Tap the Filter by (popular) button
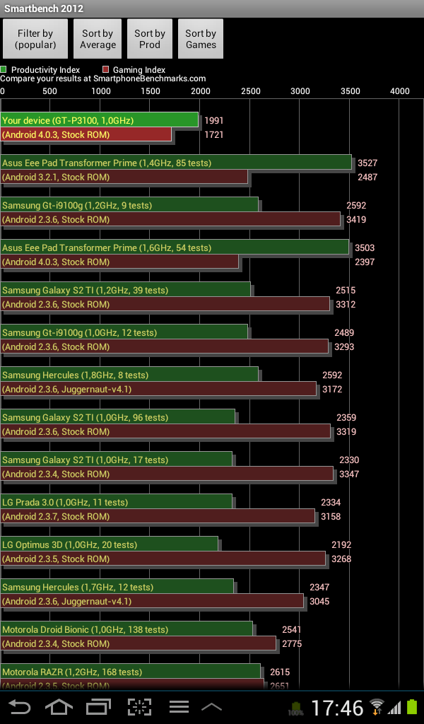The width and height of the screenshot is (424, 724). pyautogui.click(x=35, y=39)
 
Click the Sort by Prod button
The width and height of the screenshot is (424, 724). pyautogui.click(x=150, y=39)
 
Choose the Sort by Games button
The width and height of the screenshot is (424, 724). pyautogui.click(x=201, y=39)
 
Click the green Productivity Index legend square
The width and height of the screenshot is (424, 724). pyautogui.click(x=4, y=70)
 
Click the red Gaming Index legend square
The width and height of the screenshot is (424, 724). pyautogui.click(x=106, y=70)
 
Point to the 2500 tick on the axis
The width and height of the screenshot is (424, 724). pyautogui.click(x=250, y=90)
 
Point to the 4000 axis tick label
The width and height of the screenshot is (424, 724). pyautogui.click(x=399, y=90)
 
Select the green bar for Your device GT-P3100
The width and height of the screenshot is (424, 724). pyautogui.click(x=99, y=120)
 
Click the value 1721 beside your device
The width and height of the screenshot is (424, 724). pyautogui.click(x=214, y=134)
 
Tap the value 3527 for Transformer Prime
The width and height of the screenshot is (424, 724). pyautogui.click(x=367, y=163)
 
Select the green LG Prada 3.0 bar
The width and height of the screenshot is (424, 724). pyautogui.click(x=117, y=502)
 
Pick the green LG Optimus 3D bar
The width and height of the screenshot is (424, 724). pyautogui.click(x=110, y=544)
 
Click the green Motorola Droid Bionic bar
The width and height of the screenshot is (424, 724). pyautogui.click(x=126, y=629)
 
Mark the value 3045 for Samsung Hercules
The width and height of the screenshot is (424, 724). pyautogui.click(x=319, y=601)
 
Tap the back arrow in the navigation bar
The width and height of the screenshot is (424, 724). pyautogui.click(x=20, y=706)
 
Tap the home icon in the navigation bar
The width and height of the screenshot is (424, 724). pyautogui.click(x=59, y=706)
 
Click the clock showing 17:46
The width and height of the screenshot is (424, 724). pyautogui.click(x=338, y=707)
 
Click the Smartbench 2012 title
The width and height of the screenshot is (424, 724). pyautogui.click(x=44, y=8)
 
